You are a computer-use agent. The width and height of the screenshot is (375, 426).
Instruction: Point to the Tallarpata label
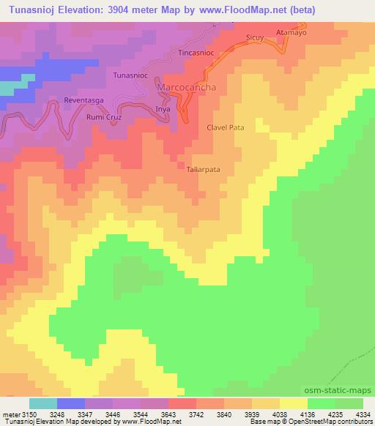pos(203,168)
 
